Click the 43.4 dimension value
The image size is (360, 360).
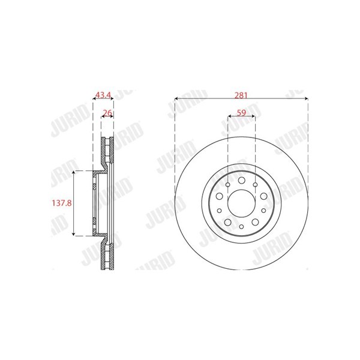click(103, 95)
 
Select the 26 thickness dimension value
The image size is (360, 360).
click(107, 113)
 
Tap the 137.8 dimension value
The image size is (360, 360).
click(62, 203)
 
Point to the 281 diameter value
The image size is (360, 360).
click(241, 95)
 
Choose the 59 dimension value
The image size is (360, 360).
click(241, 113)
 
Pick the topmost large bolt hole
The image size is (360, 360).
click(241, 180)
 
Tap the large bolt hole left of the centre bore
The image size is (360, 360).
click(220, 196)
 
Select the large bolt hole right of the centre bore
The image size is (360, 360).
click(263, 196)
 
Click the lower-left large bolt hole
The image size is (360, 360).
click(228, 222)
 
